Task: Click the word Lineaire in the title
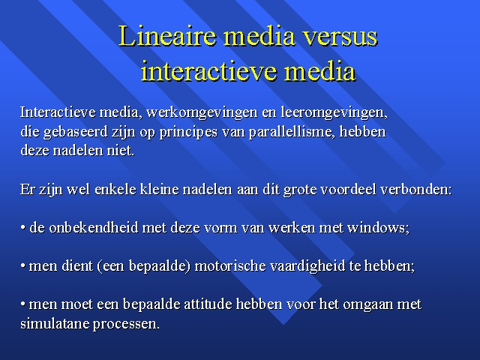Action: (167, 36)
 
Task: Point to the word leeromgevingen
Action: (334, 112)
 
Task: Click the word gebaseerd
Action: (75, 132)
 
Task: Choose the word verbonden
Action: (416, 189)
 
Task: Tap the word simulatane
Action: (55, 323)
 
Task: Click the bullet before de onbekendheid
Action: (22, 228)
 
